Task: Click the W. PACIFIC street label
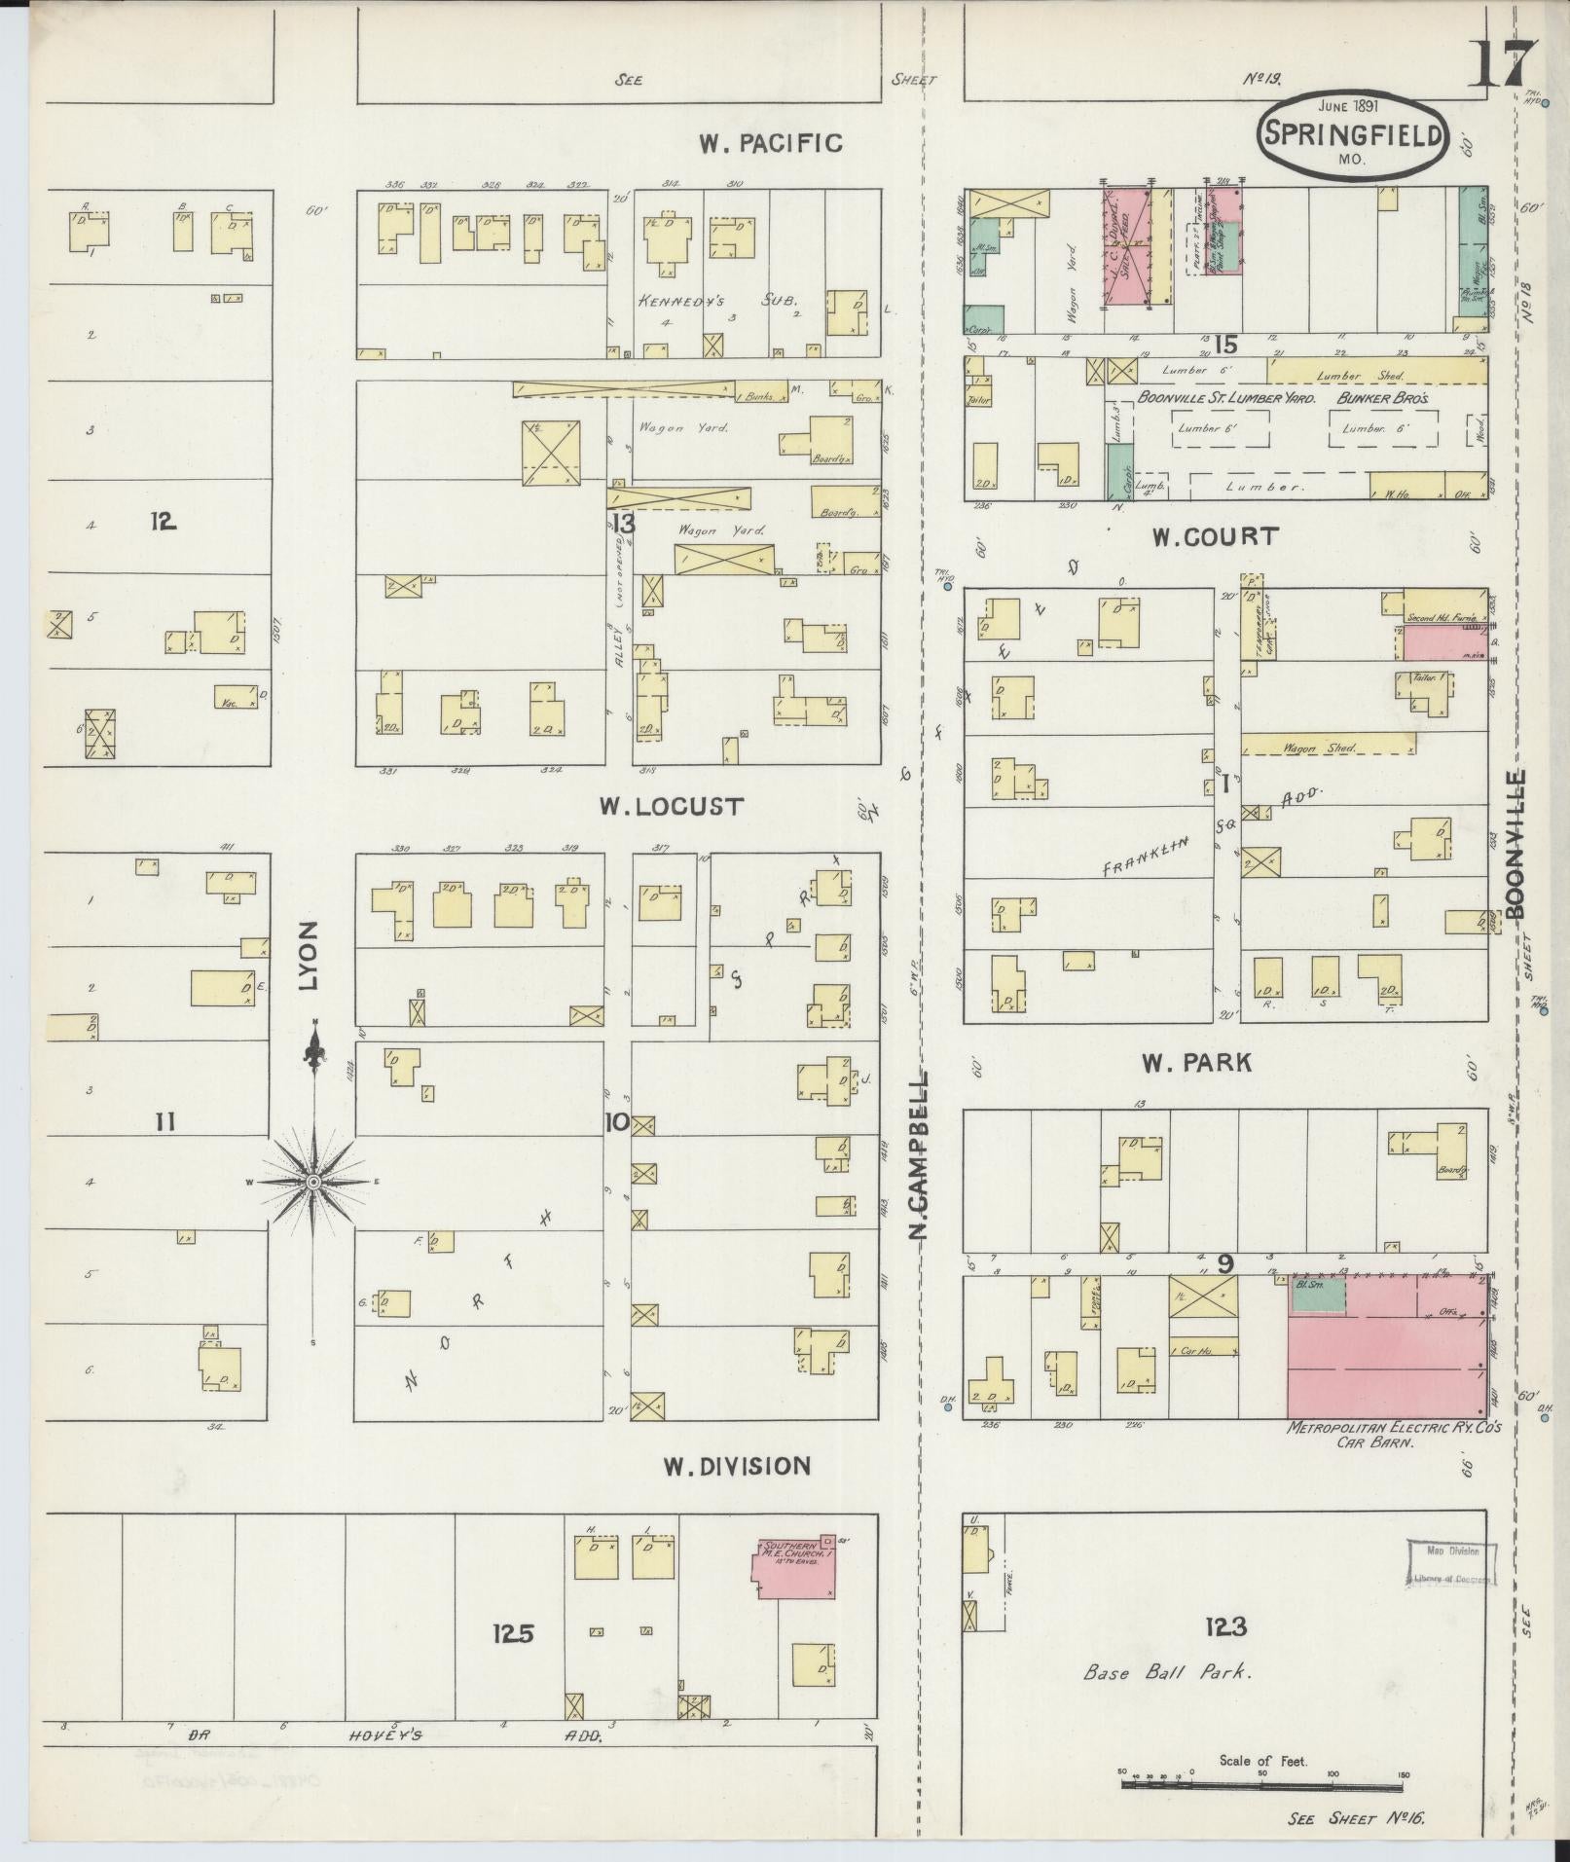click(770, 143)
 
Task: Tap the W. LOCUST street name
click(672, 806)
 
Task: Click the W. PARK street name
click(1196, 1063)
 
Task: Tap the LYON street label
click(310, 956)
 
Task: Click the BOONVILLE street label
click(1515, 843)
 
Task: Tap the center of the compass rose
click(313, 1182)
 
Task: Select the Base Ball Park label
click(1168, 1672)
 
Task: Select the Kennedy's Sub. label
click(715, 302)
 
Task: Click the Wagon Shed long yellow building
click(1328, 747)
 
